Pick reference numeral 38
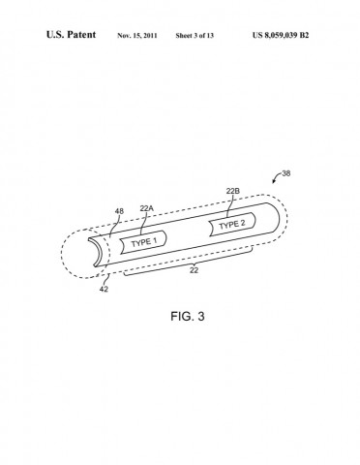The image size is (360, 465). (285, 173)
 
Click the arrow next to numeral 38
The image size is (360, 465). (274, 179)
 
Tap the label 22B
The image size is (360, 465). (232, 193)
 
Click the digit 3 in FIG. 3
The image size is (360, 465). (200, 316)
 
